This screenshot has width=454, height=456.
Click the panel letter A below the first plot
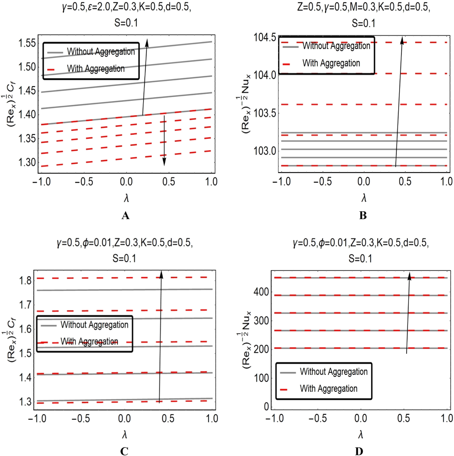(125, 216)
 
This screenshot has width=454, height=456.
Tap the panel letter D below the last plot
(359, 451)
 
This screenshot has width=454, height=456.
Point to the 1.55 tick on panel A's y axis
(27, 43)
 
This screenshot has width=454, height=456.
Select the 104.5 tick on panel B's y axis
(265, 37)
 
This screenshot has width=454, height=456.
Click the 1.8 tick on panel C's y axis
(25, 280)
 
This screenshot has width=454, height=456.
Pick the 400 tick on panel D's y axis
(261, 292)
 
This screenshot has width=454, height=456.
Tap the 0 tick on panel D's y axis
(266, 406)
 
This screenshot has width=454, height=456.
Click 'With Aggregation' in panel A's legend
(96, 69)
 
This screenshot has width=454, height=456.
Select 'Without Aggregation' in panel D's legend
(334, 372)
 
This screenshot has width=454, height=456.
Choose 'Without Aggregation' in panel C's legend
(94, 325)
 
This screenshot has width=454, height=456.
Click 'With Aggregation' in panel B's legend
(331, 63)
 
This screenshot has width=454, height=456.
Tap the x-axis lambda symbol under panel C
(125, 435)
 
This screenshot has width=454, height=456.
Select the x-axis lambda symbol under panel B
(364, 198)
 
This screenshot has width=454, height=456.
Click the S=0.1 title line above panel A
(126, 23)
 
